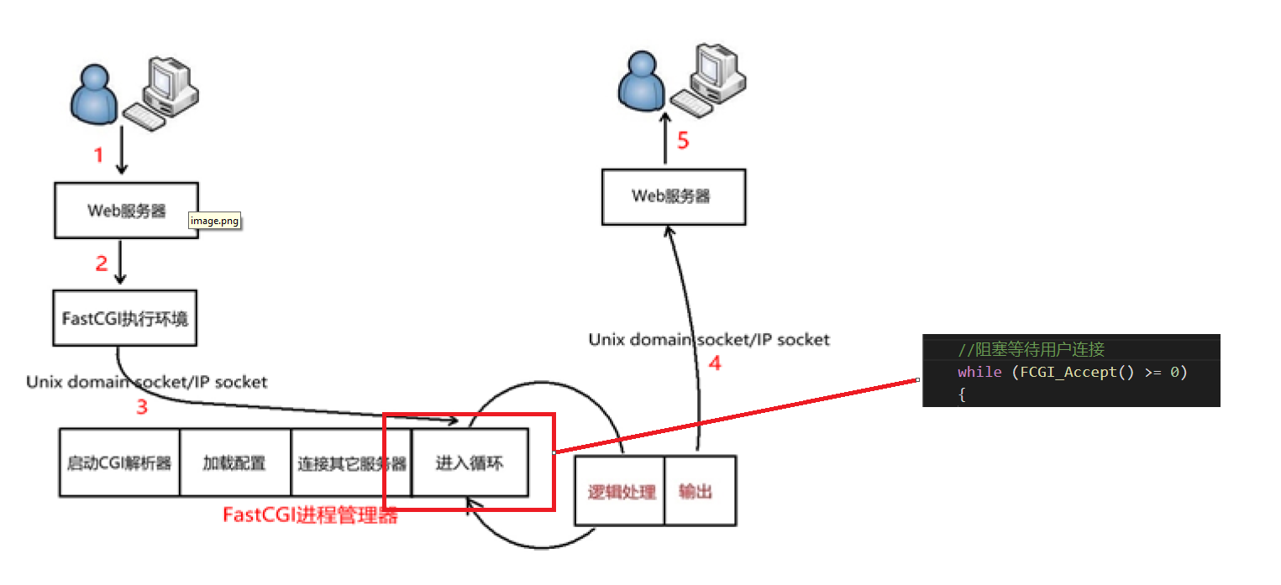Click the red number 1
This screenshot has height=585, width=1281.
tap(98, 155)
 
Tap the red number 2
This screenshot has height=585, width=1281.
tap(102, 264)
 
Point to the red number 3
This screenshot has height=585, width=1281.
tap(142, 408)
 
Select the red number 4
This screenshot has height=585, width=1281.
tap(715, 364)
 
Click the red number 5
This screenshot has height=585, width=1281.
tap(683, 141)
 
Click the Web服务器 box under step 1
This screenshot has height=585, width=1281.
tap(126, 211)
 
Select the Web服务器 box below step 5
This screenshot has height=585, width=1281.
tap(673, 196)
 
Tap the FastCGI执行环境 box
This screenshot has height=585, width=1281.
tap(124, 319)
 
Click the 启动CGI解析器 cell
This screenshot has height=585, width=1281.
tap(119, 463)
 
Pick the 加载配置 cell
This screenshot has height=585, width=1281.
tap(234, 463)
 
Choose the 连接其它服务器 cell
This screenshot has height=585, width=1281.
tap(351, 463)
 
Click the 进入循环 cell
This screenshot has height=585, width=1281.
tap(470, 462)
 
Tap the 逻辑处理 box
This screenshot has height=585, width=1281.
tap(621, 492)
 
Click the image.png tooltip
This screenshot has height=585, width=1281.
tap(215, 221)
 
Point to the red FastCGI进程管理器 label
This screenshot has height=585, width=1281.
tap(310, 515)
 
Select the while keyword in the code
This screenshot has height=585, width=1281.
tap(979, 371)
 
